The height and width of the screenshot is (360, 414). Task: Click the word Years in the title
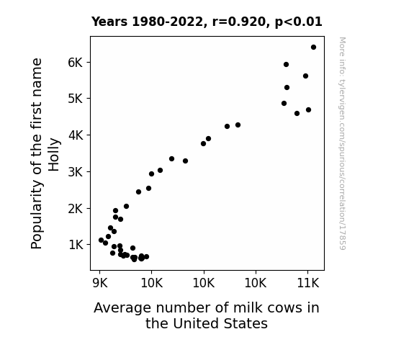109,22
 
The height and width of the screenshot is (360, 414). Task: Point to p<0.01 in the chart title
299,22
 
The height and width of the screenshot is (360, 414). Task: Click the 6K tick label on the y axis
76,63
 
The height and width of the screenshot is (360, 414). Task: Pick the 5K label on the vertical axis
76,99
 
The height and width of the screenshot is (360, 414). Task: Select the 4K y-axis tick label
76,135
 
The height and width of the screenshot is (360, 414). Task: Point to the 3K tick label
76,172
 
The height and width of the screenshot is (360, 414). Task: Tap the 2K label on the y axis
76,209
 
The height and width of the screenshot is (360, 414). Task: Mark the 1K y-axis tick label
76,245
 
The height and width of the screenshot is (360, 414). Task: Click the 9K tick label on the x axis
100,283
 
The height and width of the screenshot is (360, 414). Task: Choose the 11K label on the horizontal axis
308,283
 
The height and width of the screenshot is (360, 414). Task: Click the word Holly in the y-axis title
54,155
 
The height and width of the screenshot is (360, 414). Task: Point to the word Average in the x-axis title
123,308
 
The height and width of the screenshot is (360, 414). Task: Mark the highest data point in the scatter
313,48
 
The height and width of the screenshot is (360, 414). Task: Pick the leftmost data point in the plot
101,240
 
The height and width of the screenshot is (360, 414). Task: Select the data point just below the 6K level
286,65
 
